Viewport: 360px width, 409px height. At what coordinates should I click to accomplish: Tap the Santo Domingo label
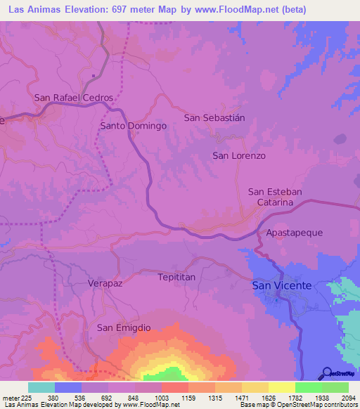133,126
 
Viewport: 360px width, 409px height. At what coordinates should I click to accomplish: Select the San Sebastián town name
214,117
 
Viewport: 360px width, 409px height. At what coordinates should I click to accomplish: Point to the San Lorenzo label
239,155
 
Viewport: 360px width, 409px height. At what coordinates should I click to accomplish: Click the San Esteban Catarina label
275,197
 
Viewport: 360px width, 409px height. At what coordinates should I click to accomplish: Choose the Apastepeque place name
294,231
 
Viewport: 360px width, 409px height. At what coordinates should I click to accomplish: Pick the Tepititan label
176,277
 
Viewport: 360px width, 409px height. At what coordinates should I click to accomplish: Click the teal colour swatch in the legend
41,387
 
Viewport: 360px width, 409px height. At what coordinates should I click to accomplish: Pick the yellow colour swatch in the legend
281,387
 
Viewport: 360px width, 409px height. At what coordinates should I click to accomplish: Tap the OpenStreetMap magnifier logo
326,372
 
